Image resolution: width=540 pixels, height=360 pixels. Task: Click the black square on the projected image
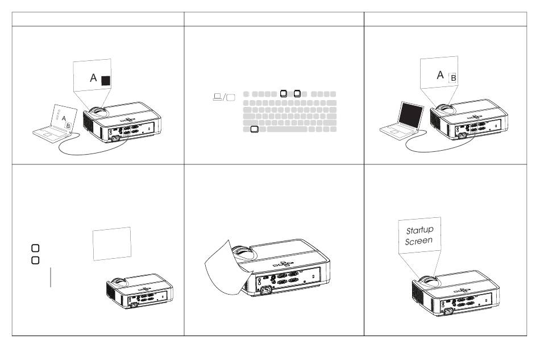point(106,81)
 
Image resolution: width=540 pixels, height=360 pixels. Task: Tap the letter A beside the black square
point(93,78)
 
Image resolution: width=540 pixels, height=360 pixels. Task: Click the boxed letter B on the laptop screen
point(68,126)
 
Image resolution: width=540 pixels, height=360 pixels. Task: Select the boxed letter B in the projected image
point(453,78)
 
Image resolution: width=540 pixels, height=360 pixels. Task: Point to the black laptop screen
point(411,115)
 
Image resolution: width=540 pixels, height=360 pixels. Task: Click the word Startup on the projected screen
point(419,230)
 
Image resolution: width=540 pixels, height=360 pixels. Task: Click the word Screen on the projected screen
point(418,241)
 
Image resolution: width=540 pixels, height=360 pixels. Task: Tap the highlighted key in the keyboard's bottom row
point(254,129)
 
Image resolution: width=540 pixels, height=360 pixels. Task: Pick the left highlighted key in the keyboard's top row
point(284,94)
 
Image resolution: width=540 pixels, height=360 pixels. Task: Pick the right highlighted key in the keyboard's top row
point(297,94)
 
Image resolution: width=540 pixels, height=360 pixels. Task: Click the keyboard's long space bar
point(287,129)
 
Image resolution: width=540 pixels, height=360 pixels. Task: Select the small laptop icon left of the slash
point(217,97)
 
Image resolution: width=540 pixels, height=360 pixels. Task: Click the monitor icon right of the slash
point(231,97)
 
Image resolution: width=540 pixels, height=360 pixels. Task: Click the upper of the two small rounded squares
point(35,248)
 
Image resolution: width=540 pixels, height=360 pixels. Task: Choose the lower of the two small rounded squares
point(35,260)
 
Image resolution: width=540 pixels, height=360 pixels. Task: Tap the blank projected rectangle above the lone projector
point(112,243)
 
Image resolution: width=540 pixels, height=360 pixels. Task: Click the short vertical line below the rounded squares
point(51,277)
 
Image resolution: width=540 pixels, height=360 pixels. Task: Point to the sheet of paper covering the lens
point(226,268)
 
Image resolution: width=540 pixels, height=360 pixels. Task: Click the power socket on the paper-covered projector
point(265,290)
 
